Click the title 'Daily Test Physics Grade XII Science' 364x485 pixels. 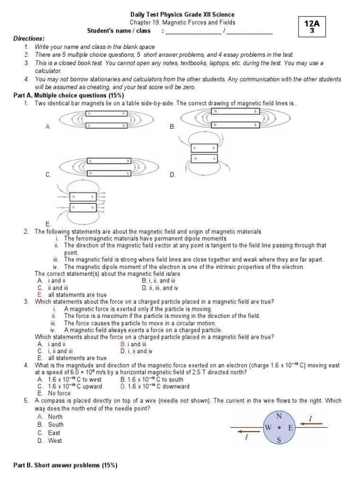coord(182,15)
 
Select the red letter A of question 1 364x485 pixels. coord(47,127)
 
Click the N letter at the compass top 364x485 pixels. coord(279,416)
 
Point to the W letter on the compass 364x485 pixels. coord(268,428)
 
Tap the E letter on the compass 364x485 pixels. coord(290,428)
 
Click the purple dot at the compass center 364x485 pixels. coord(280,428)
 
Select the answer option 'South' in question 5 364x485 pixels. coord(55,425)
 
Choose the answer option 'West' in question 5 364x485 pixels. coord(55,441)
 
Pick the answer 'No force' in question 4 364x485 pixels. coord(59,393)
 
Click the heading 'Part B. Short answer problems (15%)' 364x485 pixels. coord(65,466)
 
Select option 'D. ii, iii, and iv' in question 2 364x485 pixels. coord(160,287)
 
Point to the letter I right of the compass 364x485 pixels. coord(310,419)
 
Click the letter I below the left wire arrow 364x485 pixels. coord(246,438)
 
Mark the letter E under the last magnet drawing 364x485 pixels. coord(47,224)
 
